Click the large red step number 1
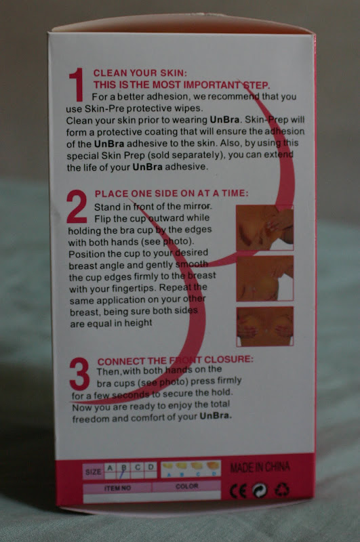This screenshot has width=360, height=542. tap(77, 85)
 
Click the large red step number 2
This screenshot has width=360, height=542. tap(77, 207)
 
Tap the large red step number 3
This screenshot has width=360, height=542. tap(79, 374)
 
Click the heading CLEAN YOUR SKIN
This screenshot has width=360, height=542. tap(140, 73)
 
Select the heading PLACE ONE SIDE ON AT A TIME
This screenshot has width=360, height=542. tap(172, 193)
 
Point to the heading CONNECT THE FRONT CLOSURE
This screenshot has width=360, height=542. tap(176, 360)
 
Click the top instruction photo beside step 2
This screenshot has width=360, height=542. tap(265, 228)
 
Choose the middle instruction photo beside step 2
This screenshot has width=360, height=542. tap(265, 278)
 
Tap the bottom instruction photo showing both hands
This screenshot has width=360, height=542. tap(265, 327)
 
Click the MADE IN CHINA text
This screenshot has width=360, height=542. tap(260, 467)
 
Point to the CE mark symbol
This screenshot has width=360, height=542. tap(238, 491)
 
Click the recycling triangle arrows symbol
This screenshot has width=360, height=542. tap(282, 490)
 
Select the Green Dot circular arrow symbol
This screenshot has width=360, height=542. tap(260, 491)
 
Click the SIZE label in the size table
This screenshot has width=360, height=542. tap(94, 472)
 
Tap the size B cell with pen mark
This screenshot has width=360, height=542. tap(123, 471)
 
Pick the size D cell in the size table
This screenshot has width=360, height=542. tap(151, 470)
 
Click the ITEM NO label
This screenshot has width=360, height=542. tap(117, 488)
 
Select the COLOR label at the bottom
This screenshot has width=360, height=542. tap(186, 486)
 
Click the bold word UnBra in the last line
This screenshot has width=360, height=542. tap(216, 415)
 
